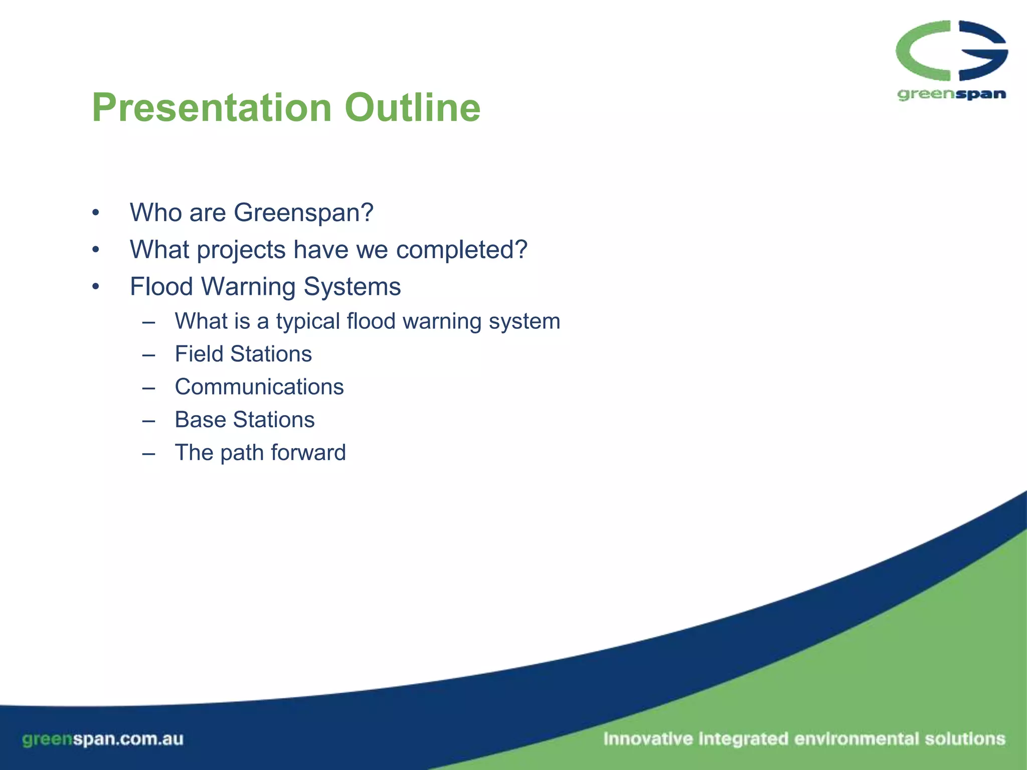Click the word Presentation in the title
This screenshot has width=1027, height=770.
pyautogui.click(x=212, y=108)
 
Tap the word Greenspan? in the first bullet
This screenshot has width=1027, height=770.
pyautogui.click(x=303, y=213)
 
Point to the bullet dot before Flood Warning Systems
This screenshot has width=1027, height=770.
pyautogui.click(x=96, y=287)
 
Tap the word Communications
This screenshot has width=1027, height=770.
pyautogui.click(x=259, y=387)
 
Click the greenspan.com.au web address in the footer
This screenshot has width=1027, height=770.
pyautogui.click(x=103, y=739)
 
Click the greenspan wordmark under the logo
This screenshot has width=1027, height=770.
pyautogui.click(x=951, y=94)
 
